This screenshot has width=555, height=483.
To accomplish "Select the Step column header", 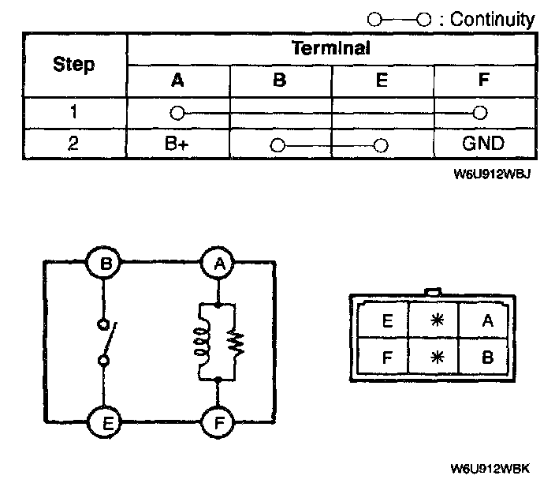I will coord(74,65).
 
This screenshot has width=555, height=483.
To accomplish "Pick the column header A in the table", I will coord(178,80).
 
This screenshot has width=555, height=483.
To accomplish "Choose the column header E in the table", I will coord(382,80).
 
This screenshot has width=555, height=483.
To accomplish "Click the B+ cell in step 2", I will coord(178,144).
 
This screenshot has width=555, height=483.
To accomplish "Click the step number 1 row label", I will coord(74,111).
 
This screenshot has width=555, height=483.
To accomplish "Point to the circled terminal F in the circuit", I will coord(217,421).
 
